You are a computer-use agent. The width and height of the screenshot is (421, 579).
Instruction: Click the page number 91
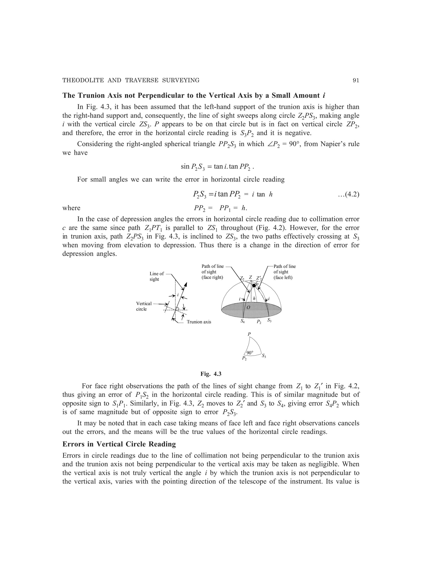click(x=356, y=81)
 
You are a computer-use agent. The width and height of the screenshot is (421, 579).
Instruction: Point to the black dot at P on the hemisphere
click(x=254, y=286)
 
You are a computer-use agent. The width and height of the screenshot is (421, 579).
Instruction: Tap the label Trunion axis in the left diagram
click(x=199, y=322)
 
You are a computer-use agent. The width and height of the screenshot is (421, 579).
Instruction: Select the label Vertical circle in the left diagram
click(x=144, y=306)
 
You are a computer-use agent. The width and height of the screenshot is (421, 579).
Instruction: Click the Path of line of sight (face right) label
click(x=213, y=272)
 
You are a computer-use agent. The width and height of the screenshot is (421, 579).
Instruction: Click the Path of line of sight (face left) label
click(x=284, y=272)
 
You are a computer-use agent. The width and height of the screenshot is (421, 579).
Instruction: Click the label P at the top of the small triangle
click(x=249, y=334)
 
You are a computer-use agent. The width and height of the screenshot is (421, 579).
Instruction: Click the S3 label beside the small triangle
click(x=264, y=356)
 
